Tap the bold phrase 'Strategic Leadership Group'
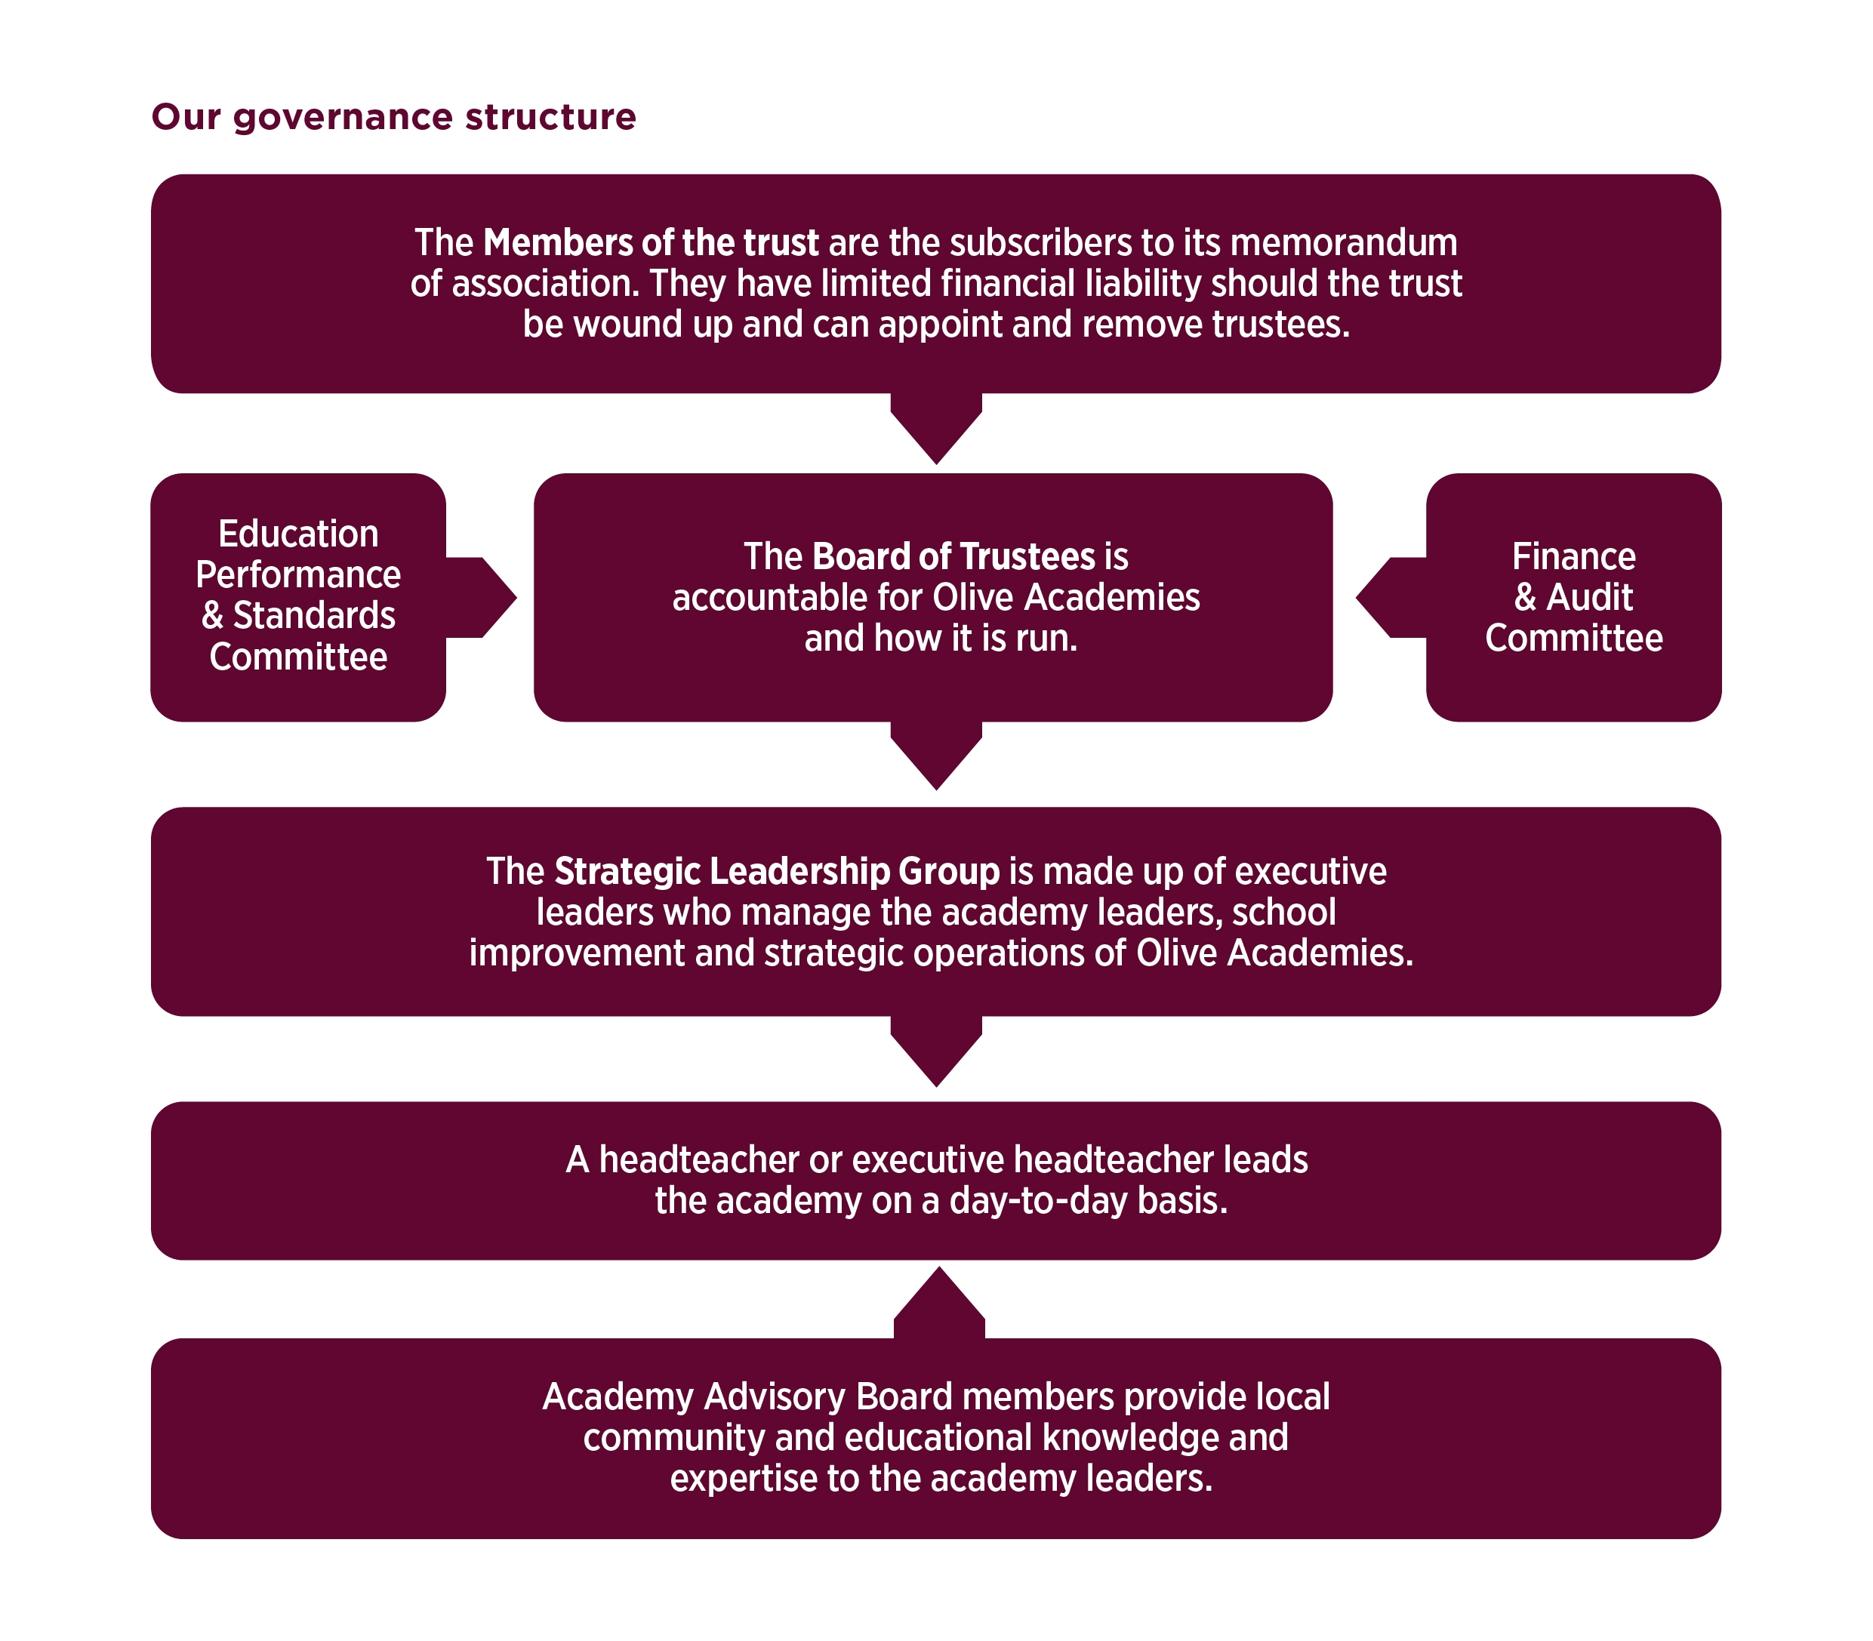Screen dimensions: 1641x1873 776,871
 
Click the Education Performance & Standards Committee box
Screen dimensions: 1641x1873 297,596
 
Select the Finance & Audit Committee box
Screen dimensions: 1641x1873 1573,596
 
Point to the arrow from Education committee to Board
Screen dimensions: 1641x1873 485,597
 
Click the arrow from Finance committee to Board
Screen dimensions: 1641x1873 1387,597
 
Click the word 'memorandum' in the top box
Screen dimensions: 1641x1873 1343,242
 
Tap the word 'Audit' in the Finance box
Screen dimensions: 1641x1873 1589,597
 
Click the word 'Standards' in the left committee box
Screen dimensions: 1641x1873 313,615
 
